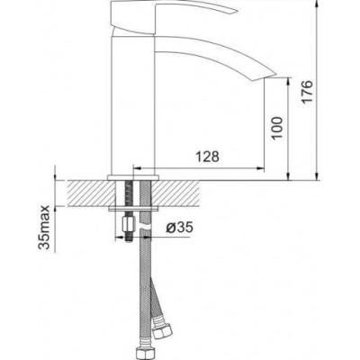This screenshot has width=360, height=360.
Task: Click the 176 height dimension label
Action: [x=307, y=92]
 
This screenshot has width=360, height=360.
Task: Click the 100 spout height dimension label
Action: [x=277, y=128]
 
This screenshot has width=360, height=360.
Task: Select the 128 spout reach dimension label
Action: [x=207, y=157]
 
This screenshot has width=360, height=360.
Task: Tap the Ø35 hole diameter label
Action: [x=179, y=228]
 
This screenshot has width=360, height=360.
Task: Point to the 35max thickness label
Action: [x=44, y=228]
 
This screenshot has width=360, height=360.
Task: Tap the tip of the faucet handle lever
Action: [x=238, y=13]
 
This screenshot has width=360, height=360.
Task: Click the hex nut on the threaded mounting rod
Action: [x=128, y=224]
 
